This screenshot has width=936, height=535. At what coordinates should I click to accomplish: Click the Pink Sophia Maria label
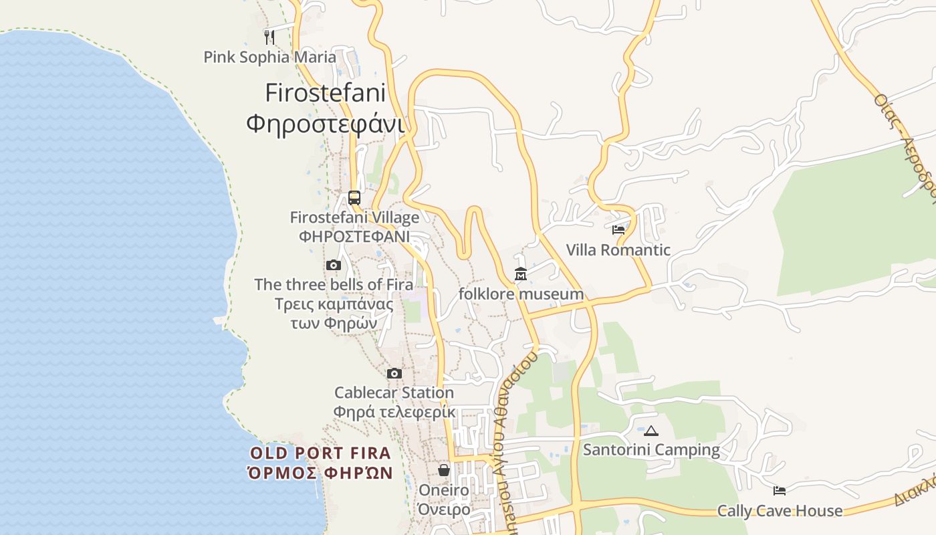(269, 57)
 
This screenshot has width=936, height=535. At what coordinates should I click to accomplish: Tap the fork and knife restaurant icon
(269, 37)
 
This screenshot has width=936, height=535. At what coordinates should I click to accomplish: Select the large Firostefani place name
(326, 92)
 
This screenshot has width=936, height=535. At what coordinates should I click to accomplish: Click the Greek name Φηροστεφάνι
(326, 124)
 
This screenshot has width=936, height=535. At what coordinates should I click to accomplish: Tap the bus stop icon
(354, 198)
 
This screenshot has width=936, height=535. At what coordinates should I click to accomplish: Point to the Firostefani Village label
(354, 217)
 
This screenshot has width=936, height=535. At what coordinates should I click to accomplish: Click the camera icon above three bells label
(334, 265)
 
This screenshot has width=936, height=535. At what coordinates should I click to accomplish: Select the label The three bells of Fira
(334, 284)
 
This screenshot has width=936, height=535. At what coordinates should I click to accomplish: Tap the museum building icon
(521, 274)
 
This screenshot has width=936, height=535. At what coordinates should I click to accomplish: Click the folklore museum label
(521, 294)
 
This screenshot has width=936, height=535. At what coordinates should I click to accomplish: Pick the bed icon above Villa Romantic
(618, 230)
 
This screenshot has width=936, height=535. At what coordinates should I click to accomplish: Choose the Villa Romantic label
(618, 250)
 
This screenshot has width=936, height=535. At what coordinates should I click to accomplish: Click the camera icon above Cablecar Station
(394, 373)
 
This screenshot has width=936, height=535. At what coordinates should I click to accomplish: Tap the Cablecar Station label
(394, 393)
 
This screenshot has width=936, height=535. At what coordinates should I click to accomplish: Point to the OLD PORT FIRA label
(320, 453)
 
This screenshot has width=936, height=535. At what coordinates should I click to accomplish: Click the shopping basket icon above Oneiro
(444, 470)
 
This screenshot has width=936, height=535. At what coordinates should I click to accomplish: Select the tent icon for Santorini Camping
(651, 431)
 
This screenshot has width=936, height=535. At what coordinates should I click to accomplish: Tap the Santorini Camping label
(651, 450)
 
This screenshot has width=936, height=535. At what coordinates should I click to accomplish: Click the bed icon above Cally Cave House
(780, 491)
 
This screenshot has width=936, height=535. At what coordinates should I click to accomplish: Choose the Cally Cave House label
(780, 511)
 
